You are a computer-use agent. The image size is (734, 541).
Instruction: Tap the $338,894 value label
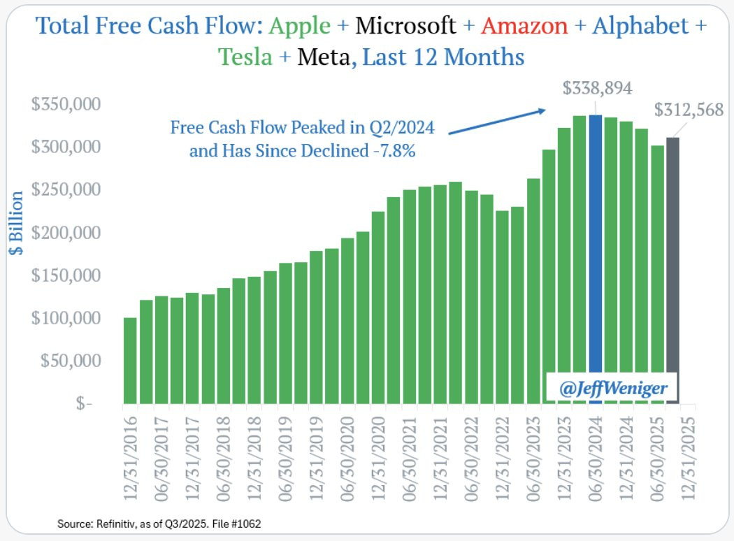coord(598,89)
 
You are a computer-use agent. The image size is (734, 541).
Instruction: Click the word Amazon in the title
coord(524,27)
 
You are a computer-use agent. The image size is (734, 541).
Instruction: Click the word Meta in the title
coord(322,56)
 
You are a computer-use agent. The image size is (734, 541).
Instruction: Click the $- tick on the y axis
coord(84,404)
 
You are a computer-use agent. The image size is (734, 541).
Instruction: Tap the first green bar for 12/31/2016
coord(130,361)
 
